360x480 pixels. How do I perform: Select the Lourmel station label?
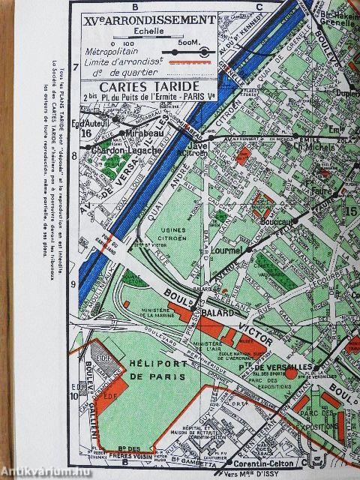[x=226, y=253]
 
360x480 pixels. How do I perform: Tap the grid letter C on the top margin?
[x=257, y=7]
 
